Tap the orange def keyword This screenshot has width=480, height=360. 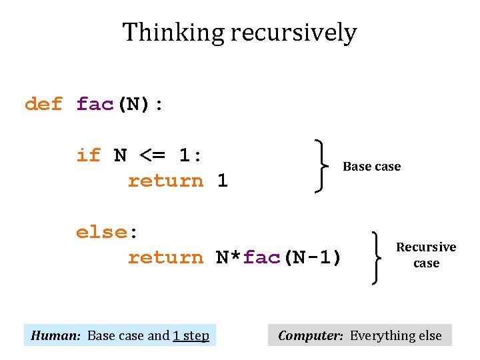[43, 104]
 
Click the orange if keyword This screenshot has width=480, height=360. [89, 155]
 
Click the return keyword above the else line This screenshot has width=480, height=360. [165, 181]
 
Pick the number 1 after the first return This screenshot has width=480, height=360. [223, 181]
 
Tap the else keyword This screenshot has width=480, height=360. [102, 233]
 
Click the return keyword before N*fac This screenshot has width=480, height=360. [165, 257]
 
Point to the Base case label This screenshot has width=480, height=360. [371, 167]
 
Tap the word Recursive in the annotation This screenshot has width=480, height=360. [426, 247]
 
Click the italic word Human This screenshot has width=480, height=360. [56, 335]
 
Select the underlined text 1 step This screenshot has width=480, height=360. [191, 335]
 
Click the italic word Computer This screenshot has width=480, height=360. [311, 335]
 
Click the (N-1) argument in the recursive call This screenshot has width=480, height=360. [314, 257]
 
